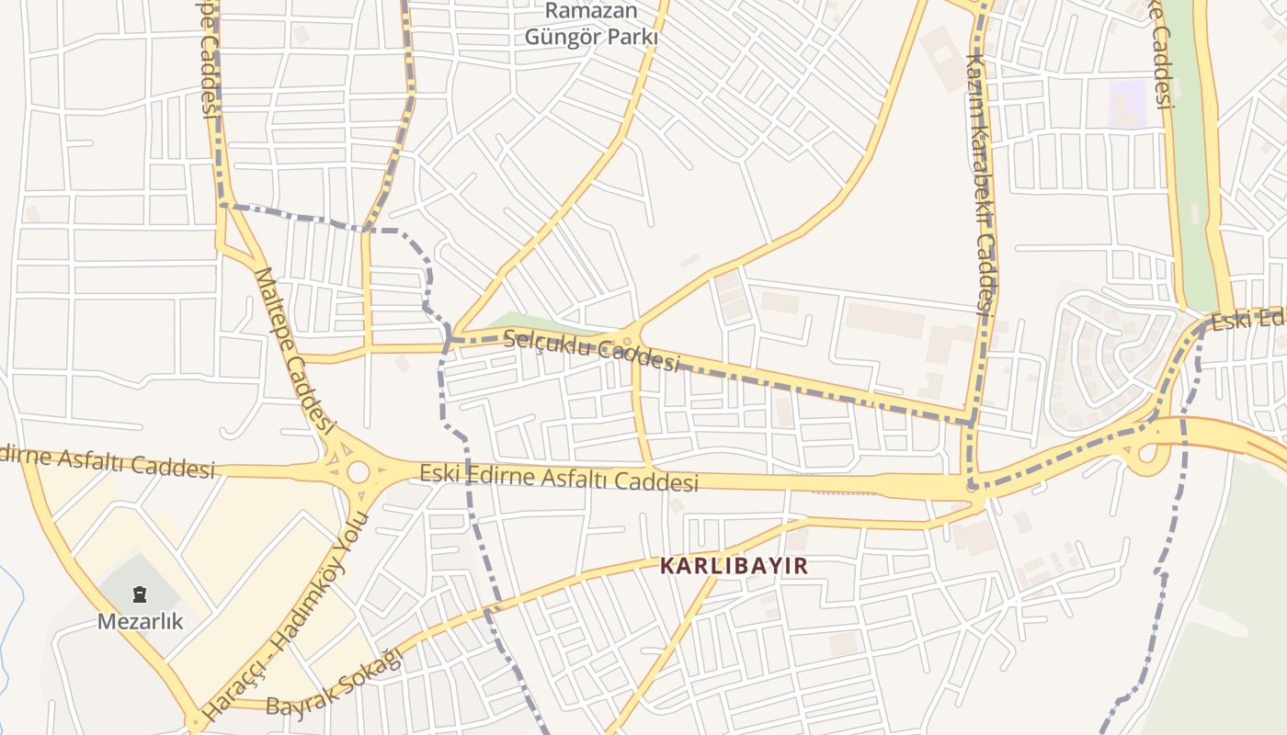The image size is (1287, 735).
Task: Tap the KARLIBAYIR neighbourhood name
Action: point(735,566)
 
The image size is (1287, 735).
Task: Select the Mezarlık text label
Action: point(141,622)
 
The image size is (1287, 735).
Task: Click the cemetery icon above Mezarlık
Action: point(140,594)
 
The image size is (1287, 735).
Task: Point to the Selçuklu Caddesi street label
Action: point(591,350)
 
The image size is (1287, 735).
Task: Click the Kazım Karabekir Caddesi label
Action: point(980,184)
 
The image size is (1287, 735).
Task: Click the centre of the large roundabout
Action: point(358,472)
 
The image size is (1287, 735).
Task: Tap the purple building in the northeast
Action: point(1128,104)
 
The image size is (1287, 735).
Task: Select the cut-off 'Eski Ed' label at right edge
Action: point(1247,321)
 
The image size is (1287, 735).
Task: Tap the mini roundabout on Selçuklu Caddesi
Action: point(628,341)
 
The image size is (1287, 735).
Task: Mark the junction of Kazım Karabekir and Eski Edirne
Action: point(974,488)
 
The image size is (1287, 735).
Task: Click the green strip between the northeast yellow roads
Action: point(1192,184)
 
